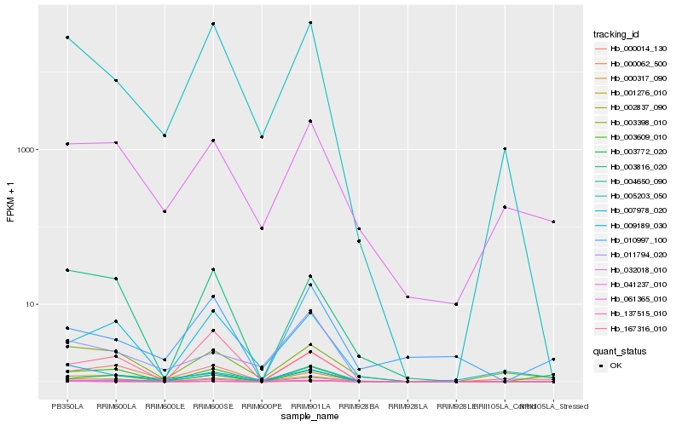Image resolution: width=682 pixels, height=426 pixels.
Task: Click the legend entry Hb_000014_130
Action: [x=632, y=49]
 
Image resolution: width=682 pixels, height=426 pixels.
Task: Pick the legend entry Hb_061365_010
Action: [x=632, y=299]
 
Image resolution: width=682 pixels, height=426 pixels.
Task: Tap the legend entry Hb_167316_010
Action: [x=632, y=328]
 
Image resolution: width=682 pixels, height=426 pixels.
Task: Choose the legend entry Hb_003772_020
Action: [x=632, y=153]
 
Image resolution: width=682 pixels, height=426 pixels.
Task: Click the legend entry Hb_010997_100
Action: [x=632, y=240]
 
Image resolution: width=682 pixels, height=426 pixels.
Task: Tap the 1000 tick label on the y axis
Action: [x=27, y=150]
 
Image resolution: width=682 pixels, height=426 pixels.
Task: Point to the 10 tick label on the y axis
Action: [x=32, y=304]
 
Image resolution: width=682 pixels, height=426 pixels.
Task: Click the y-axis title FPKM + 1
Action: [x=10, y=202]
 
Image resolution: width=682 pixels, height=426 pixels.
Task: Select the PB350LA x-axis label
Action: [x=67, y=407]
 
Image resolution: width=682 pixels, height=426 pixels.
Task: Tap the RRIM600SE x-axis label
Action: [x=213, y=407]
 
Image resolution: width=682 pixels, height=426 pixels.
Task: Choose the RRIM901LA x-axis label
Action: [x=310, y=407]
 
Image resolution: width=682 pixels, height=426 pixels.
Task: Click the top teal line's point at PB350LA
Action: [x=67, y=37]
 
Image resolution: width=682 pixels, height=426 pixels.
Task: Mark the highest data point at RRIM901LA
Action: [x=310, y=22]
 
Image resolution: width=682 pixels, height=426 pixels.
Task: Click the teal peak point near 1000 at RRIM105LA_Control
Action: [x=505, y=148]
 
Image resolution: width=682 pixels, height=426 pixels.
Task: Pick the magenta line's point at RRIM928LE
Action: [x=456, y=304]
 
